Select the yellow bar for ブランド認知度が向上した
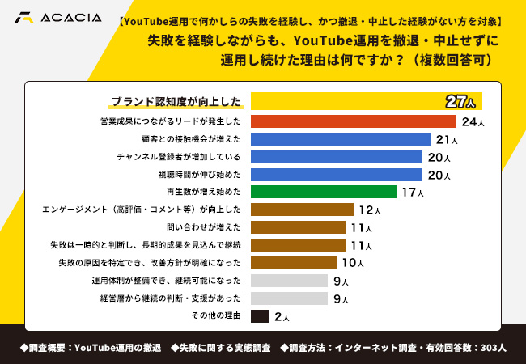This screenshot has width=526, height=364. point(348,101)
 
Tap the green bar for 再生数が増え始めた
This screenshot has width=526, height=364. point(323,192)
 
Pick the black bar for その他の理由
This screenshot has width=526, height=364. point(260,316)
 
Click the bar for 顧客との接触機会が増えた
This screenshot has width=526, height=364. point(340,139)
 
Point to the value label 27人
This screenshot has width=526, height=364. point(463,101)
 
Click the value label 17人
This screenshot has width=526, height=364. point(412,193)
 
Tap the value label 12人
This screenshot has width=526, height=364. point(370,210)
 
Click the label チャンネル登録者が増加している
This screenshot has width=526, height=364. point(179,157)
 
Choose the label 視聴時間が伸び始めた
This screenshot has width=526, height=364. point(200,175)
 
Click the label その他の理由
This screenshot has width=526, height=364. point(216,316)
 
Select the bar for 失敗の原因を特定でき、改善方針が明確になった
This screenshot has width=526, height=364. point(294,263)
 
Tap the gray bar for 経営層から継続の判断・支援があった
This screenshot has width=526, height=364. point(289,298)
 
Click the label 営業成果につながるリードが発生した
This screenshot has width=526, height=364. point(171,121)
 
